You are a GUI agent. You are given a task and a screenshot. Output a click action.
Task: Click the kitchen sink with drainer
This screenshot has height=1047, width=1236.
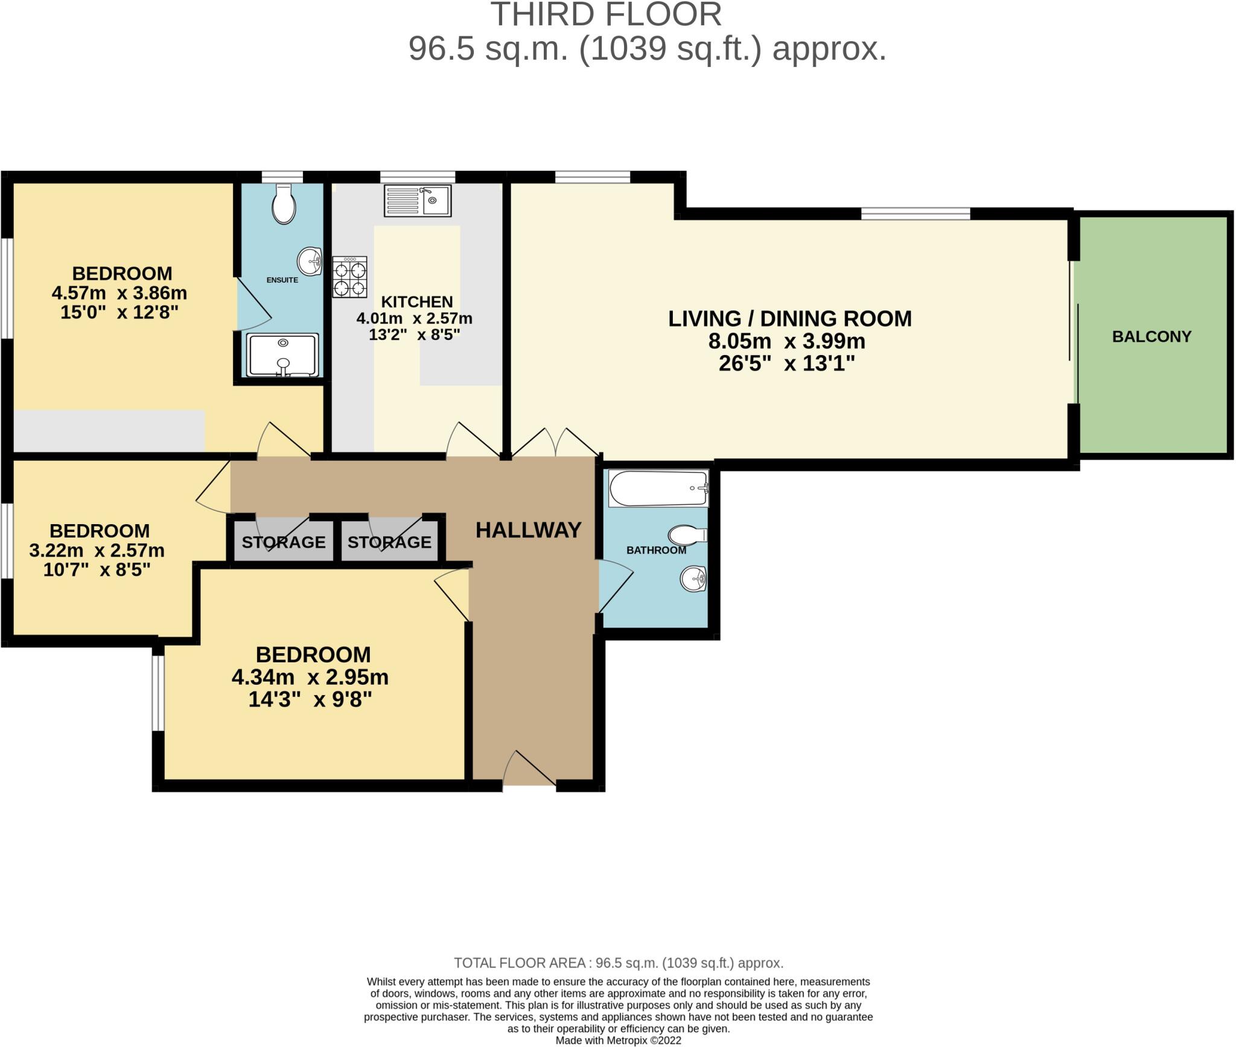coord(417,200)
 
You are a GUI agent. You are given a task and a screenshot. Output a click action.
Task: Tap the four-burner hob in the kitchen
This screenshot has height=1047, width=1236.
coord(349,277)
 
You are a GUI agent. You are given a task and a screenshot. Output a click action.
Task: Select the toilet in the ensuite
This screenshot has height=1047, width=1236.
coord(284,203)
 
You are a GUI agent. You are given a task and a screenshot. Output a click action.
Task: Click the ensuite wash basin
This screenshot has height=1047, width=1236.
coord(310,261)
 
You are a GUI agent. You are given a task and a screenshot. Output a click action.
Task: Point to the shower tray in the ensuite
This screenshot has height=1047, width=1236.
coord(282,355)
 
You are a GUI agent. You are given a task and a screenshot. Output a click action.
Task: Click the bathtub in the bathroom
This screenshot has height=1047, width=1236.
coord(658,488)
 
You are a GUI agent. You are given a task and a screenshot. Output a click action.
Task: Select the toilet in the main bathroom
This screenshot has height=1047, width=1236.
coord(687,535)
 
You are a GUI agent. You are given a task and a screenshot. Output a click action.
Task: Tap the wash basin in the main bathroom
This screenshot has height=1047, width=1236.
coord(693,580)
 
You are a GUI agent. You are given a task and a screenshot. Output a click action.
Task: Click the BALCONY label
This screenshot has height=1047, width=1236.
coord(1152,336)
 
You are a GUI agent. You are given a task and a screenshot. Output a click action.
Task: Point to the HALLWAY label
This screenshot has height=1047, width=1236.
coord(528,530)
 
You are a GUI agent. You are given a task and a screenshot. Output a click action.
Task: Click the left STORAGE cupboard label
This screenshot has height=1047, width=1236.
coord(284,542)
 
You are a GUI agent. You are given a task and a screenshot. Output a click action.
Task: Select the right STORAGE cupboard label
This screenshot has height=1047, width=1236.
coord(389,542)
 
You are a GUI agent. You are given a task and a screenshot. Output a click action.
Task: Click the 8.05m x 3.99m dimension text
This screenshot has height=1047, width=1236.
coord(786,341)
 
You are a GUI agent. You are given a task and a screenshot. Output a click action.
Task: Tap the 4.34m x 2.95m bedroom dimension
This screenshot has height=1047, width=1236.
coord(310,677)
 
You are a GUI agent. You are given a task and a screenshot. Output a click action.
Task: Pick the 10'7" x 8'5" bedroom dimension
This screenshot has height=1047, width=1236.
coord(97,569)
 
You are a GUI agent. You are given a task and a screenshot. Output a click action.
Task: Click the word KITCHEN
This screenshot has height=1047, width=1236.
coord(416,301)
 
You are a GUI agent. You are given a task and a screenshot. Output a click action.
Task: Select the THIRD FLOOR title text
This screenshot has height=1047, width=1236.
coord(605,14)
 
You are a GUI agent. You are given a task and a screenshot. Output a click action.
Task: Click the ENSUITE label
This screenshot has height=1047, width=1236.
coord(282,280)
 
